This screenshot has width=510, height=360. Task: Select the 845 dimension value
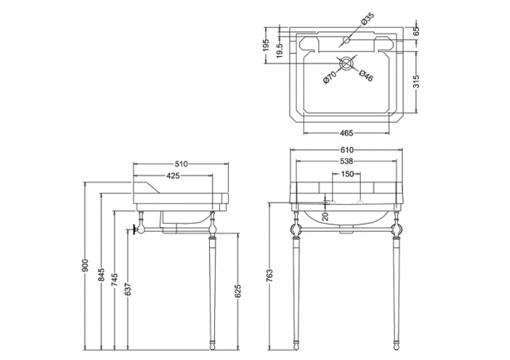101,274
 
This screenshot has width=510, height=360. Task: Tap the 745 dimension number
115,280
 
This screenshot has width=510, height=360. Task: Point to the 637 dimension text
128,289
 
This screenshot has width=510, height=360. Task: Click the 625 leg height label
238,291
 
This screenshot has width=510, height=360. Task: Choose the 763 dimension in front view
270,276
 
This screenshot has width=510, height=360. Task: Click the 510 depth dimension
181,164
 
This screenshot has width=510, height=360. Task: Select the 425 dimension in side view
173,175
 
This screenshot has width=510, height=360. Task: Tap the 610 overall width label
347,150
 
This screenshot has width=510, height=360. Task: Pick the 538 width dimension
347,161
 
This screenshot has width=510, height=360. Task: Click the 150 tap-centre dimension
347,174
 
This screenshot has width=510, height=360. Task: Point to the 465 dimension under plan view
346,133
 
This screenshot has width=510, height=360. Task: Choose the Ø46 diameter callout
367,76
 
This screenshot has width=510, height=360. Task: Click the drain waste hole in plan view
347,63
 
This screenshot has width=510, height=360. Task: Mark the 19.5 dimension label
280,50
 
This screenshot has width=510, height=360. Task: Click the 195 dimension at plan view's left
266,45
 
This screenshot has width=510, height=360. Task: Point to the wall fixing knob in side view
134,230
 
